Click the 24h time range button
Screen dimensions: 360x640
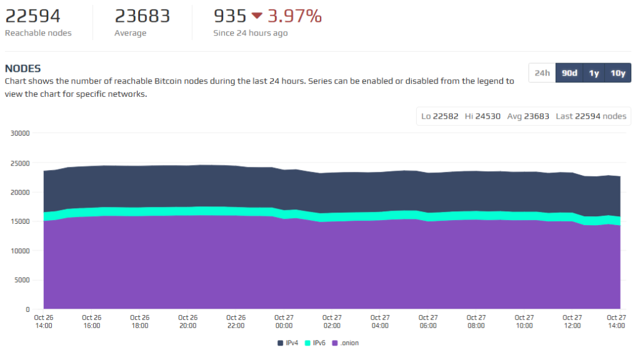542,73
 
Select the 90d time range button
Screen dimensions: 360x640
569,73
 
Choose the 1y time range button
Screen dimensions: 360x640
594,73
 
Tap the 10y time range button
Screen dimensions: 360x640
617,73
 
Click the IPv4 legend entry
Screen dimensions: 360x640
288,343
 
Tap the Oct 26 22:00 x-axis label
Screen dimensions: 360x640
236,321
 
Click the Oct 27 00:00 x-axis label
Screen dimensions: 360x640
284,321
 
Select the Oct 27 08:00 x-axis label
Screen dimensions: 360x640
476,321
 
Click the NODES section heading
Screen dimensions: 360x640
22,68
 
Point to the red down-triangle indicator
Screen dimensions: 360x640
257,16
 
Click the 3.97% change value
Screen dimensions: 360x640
294,16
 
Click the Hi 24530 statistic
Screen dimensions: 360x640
482,116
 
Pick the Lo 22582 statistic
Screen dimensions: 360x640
440,116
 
